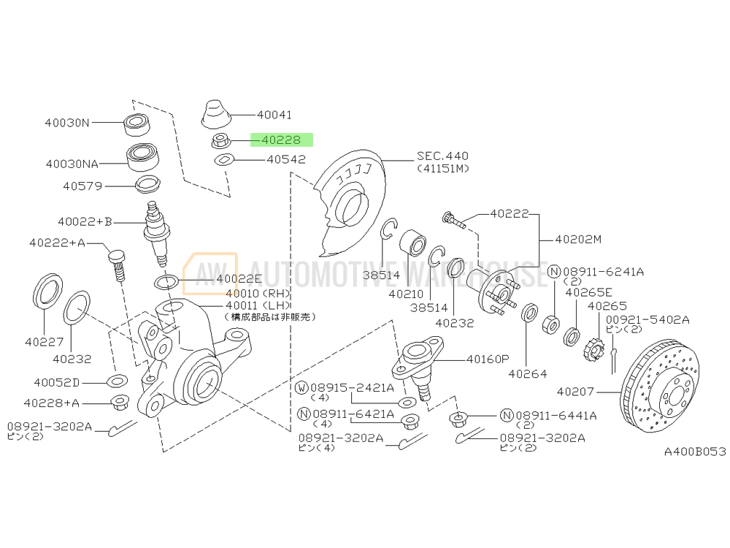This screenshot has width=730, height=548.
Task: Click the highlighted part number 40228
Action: pyautogui.click(x=281, y=140)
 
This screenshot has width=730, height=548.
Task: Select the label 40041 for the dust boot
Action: pyautogui.click(x=274, y=115)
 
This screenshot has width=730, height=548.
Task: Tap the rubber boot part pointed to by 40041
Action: pyautogui.click(x=216, y=114)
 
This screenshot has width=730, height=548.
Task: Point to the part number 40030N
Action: pyautogui.click(x=67, y=123)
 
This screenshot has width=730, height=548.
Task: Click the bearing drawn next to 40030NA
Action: pyautogui.click(x=143, y=157)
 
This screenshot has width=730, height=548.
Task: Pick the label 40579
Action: pyautogui.click(x=82, y=186)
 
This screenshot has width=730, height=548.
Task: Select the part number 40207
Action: pyautogui.click(x=575, y=392)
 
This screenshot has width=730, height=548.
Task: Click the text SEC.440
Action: pyautogui.click(x=442, y=156)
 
